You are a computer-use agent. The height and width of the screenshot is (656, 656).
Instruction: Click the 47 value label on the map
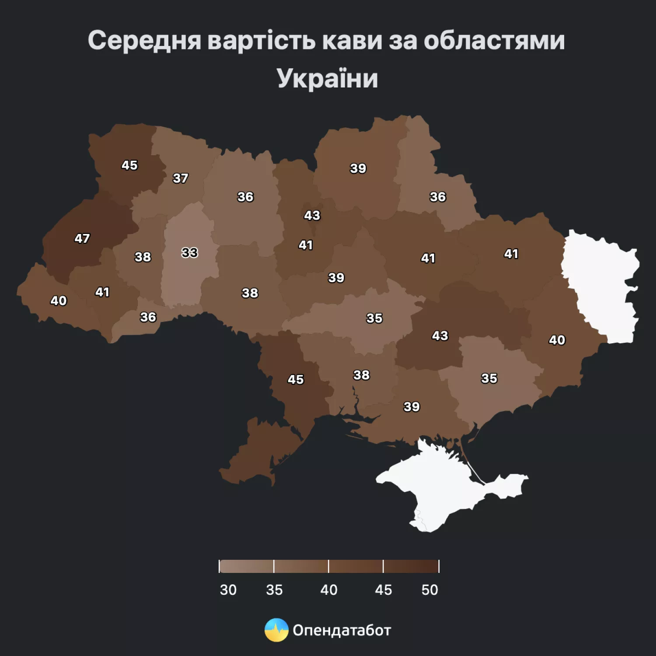click(x=82, y=238)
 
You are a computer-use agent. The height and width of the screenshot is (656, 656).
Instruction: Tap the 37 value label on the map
click(x=180, y=178)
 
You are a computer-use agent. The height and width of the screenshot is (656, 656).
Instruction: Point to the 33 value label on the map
click(x=189, y=253)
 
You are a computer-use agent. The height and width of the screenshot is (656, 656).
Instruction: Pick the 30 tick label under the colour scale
click(x=228, y=590)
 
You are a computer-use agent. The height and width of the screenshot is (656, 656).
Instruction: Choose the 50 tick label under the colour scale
click(x=429, y=590)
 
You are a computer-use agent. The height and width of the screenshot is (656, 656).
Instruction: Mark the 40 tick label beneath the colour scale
click(x=328, y=590)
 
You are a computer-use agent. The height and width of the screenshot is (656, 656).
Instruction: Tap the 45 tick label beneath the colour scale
click(x=383, y=590)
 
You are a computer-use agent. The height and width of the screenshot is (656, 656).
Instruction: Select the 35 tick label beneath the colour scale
click(x=274, y=590)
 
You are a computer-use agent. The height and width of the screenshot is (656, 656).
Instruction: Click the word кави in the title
click(x=352, y=41)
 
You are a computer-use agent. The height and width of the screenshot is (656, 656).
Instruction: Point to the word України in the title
click(x=327, y=79)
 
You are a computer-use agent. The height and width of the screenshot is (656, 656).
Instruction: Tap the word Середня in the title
click(x=144, y=41)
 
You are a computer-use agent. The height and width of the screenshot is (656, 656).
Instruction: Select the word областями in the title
click(x=494, y=41)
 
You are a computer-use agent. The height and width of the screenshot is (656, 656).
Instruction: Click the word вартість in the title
click(x=262, y=41)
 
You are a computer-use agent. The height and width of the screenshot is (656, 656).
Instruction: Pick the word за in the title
click(x=402, y=41)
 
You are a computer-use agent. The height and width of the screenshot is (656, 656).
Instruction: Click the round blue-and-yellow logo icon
click(x=276, y=630)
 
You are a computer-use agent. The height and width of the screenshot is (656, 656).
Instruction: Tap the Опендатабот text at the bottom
click(x=342, y=630)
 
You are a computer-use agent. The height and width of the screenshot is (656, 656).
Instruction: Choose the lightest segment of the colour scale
click(x=247, y=566)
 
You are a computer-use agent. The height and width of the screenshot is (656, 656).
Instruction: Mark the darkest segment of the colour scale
click(x=411, y=566)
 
